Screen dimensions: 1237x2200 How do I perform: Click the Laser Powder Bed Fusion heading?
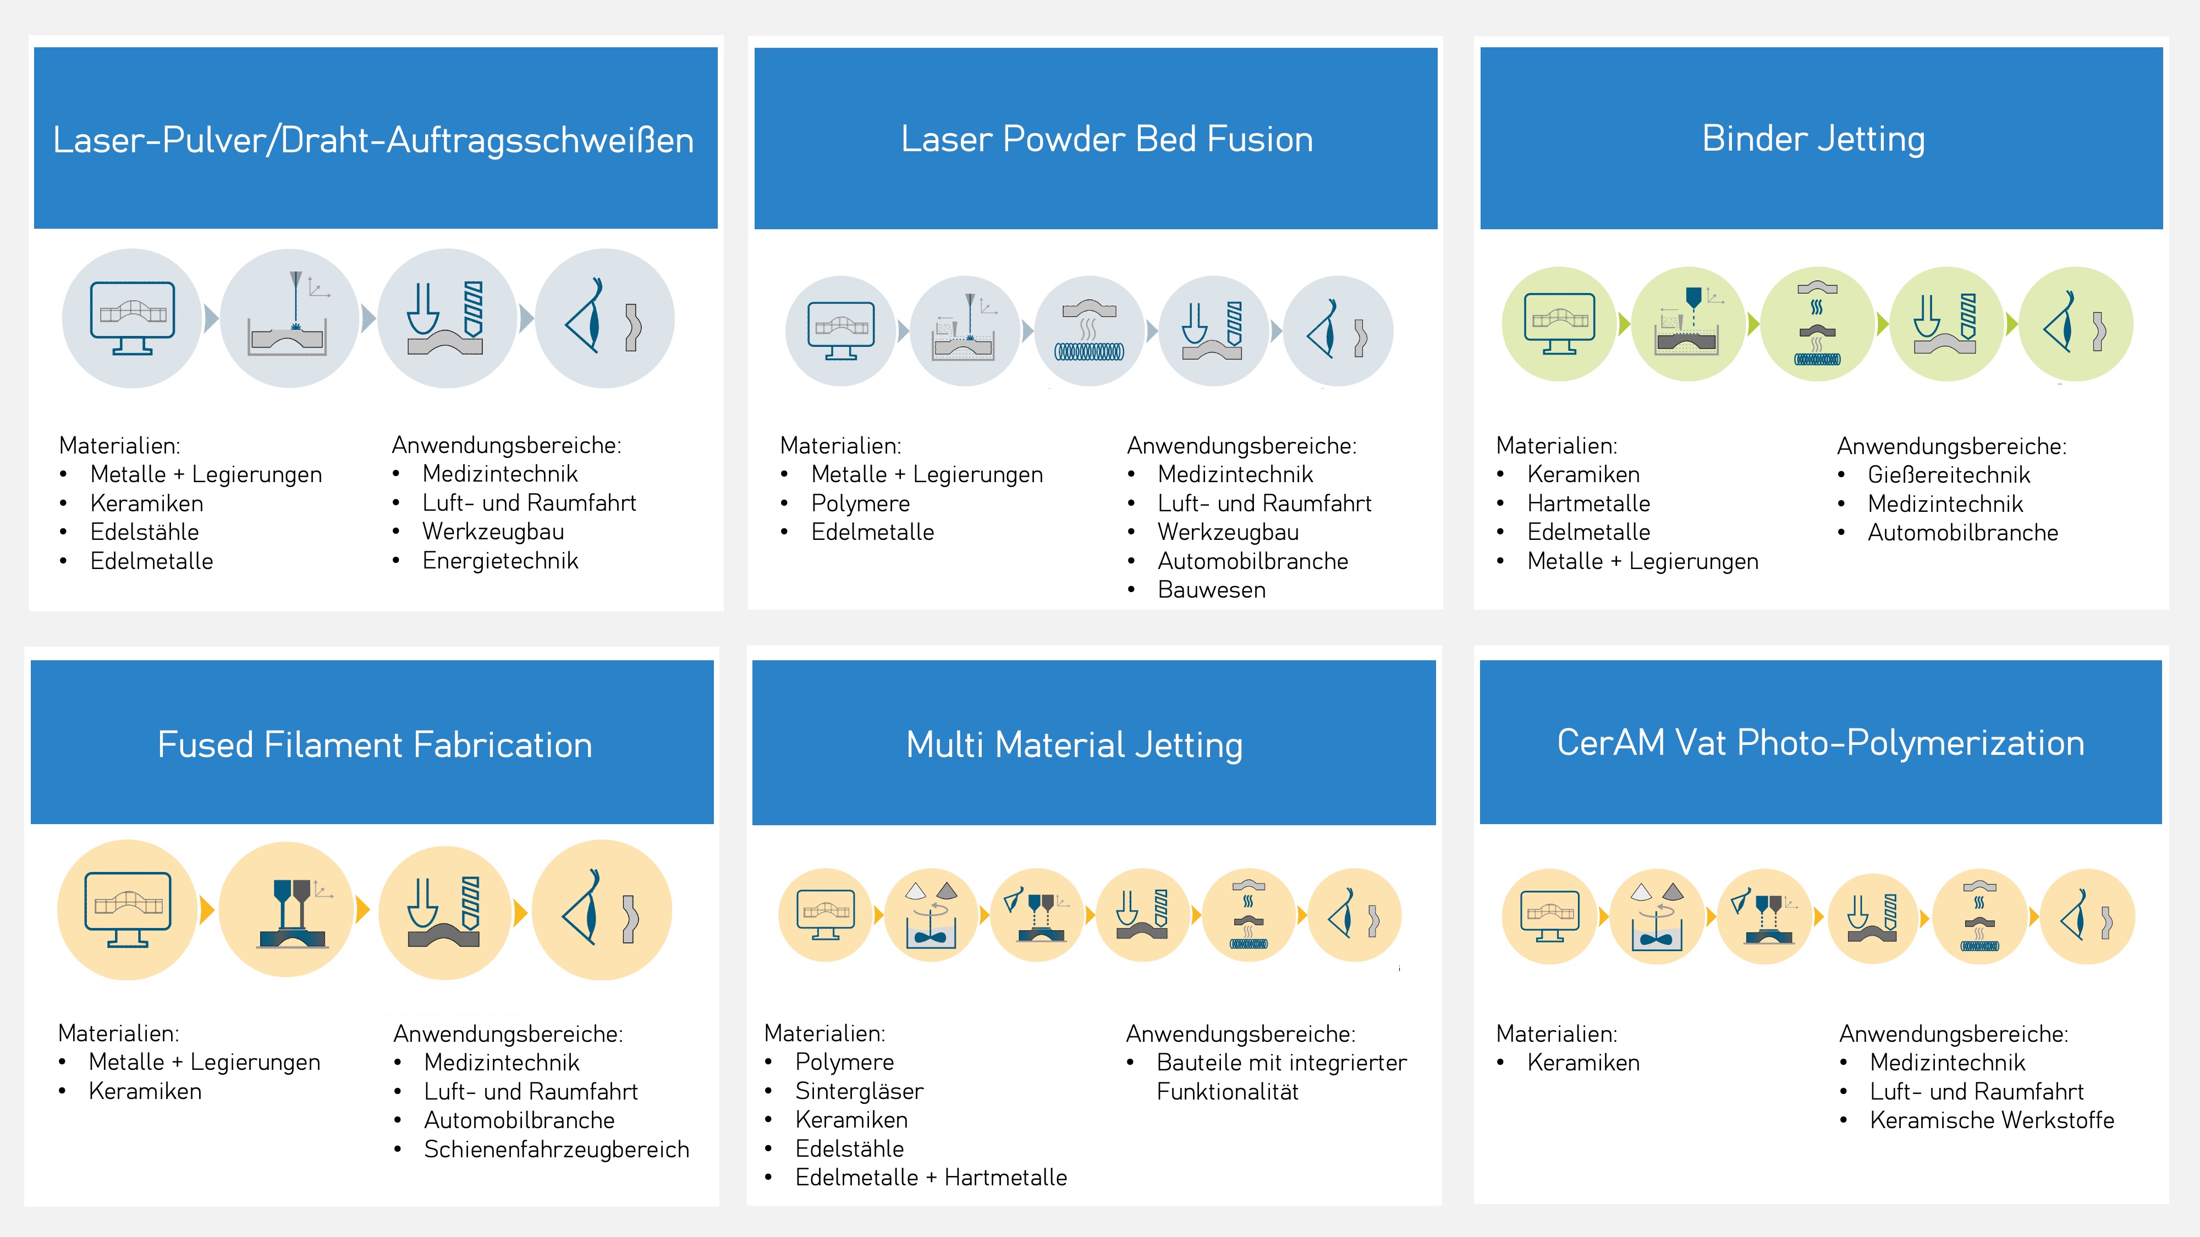pyautogui.click(x=1107, y=139)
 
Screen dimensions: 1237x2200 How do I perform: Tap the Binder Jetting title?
pyautogui.click(x=1813, y=139)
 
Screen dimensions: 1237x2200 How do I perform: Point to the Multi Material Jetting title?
pyautogui.click(x=1074, y=744)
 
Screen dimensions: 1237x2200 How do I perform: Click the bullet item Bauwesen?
pyautogui.click(x=1211, y=590)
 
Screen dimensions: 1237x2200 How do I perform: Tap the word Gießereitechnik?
pyautogui.click(x=1948, y=474)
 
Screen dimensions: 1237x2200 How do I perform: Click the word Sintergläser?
pyautogui.click(x=859, y=1091)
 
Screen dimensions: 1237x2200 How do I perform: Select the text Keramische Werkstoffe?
pyautogui.click(x=1992, y=1120)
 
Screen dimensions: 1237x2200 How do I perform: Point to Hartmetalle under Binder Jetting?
pyautogui.click(x=1588, y=504)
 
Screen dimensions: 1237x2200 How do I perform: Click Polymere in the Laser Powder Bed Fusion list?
pyautogui.click(x=860, y=504)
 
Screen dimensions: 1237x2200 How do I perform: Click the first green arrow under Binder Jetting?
pyautogui.click(x=1624, y=324)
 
